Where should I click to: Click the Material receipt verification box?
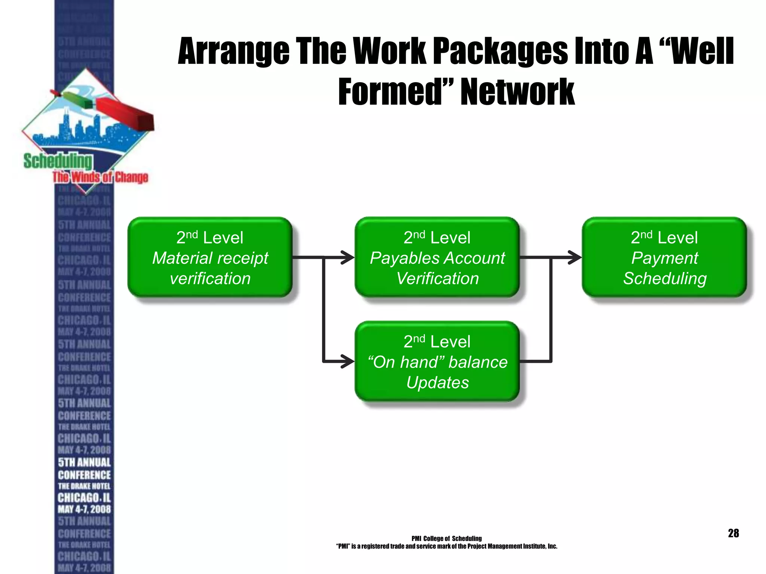tap(210, 257)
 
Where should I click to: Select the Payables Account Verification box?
tap(437, 257)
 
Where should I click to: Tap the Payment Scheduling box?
tap(664, 257)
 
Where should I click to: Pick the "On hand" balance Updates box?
tap(437, 361)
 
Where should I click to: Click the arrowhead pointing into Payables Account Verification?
tap(348, 257)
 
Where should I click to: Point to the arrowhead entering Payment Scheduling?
tap(575, 257)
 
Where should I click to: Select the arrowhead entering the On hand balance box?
tap(348, 361)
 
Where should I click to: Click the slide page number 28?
tap(733, 533)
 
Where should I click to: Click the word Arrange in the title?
tap(233, 52)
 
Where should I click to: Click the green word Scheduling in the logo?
tap(58, 161)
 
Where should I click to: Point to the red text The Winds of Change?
tap(100, 177)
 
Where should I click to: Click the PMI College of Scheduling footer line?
tap(446, 538)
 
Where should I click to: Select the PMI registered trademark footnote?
tap(446, 546)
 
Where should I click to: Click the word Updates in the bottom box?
tap(437, 382)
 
